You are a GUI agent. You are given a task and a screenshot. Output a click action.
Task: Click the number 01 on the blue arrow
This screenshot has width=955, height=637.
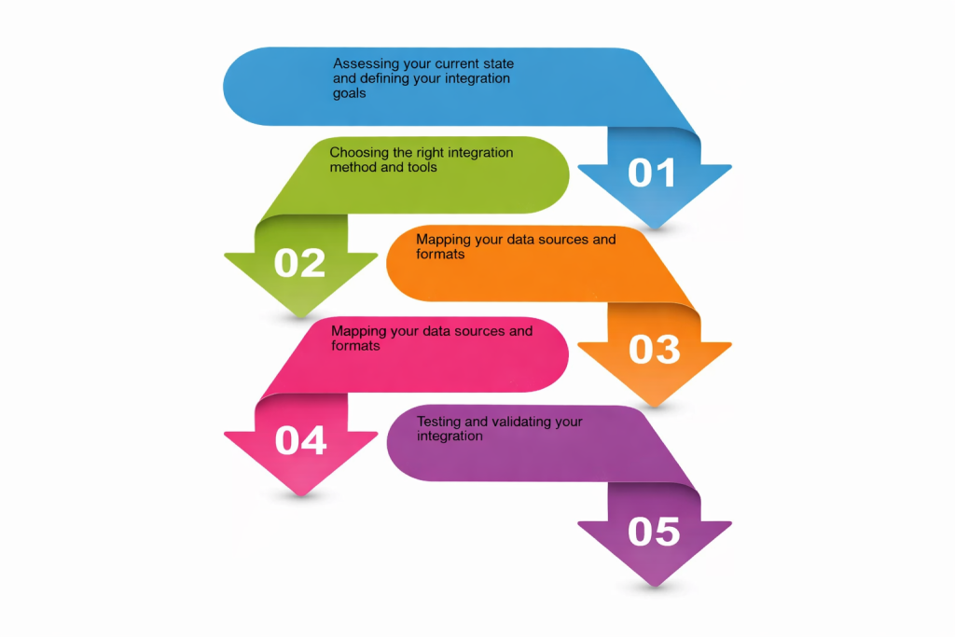pyautogui.click(x=653, y=173)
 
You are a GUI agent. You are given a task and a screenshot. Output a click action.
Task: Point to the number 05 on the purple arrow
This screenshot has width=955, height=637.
pyautogui.click(x=654, y=532)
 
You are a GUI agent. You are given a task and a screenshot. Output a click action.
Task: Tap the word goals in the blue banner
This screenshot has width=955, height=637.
pyautogui.click(x=350, y=93)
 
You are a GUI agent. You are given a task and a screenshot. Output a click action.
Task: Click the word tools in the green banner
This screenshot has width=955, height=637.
pyautogui.click(x=420, y=167)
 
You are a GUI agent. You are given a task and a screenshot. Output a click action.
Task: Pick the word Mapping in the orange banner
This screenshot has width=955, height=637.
pyautogui.click(x=443, y=240)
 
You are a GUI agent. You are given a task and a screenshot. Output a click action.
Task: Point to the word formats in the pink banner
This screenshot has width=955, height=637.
pyautogui.click(x=355, y=345)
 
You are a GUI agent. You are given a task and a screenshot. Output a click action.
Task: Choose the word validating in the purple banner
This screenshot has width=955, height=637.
pyautogui.click(x=522, y=422)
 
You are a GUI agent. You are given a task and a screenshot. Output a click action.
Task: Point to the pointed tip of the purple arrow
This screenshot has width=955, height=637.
pyautogui.click(x=655, y=587)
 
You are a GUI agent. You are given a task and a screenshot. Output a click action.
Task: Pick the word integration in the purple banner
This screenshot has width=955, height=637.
pyautogui.click(x=450, y=436)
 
